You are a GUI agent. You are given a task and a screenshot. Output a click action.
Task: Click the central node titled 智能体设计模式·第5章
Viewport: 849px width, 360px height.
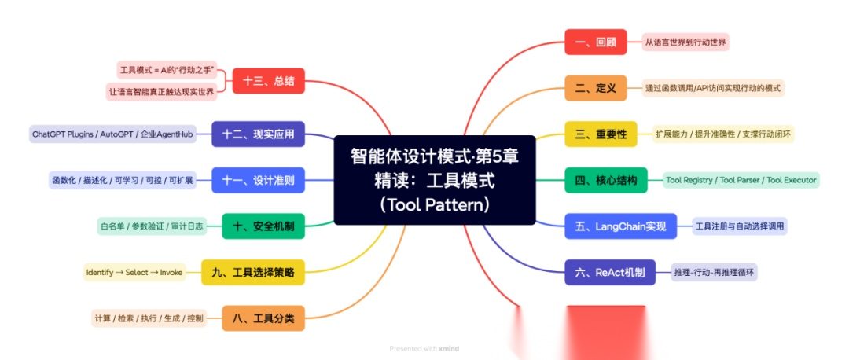coord(434,180)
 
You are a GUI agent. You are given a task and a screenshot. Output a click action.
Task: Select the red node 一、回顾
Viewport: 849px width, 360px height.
coord(595,42)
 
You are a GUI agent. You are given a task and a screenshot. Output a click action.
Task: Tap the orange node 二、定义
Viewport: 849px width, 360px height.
coord(595,88)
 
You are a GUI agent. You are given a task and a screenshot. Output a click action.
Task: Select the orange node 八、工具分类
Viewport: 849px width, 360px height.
coord(263,318)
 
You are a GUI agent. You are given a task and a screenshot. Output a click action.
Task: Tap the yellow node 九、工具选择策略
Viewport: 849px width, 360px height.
coord(252,273)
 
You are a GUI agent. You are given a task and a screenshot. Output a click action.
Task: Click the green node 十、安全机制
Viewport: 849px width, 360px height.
coord(263,226)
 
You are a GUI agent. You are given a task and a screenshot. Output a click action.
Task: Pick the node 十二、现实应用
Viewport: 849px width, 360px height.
coord(258,134)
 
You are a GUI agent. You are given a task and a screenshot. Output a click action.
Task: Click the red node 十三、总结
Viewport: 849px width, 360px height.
coord(268,80)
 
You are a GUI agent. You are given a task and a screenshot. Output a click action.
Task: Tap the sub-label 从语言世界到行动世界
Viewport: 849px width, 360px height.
coord(685,42)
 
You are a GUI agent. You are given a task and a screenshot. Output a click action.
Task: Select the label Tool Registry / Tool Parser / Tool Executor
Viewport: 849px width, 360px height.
coord(741,180)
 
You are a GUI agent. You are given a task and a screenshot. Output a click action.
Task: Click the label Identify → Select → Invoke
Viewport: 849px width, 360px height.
coord(134,273)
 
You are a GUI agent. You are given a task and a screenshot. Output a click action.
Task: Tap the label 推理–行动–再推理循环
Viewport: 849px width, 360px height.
coord(715,273)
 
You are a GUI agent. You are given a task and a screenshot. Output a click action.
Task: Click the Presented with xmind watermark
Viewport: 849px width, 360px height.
coord(424,348)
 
